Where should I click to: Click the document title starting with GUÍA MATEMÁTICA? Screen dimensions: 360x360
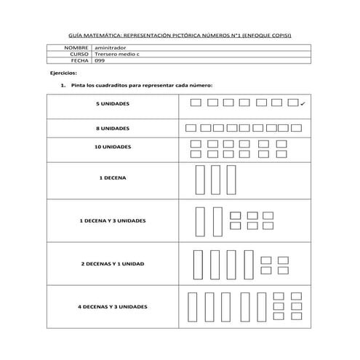coord(180,34)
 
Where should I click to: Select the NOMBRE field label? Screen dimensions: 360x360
coord(76,47)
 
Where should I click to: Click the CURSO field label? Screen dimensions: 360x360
coord(79,54)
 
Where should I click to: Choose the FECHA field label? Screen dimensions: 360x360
coord(79,60)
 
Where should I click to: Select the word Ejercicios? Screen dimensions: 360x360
coord(64,73)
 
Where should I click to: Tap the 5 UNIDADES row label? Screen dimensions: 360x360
coord(113,105)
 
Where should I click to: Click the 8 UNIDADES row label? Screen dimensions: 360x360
coord(113,128)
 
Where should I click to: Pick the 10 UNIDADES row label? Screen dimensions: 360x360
coord(113,147)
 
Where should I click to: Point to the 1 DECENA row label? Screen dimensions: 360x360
coord(113,177)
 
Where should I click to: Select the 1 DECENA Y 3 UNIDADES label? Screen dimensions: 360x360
coord(113,220)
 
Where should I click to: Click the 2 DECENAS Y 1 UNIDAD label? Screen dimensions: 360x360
coord(113,263)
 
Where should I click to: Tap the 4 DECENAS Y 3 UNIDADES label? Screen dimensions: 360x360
coord(113,307)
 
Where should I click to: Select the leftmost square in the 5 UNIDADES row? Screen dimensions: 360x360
coord(195,103)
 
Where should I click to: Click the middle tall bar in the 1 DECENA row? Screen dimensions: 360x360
coord(215,180)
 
